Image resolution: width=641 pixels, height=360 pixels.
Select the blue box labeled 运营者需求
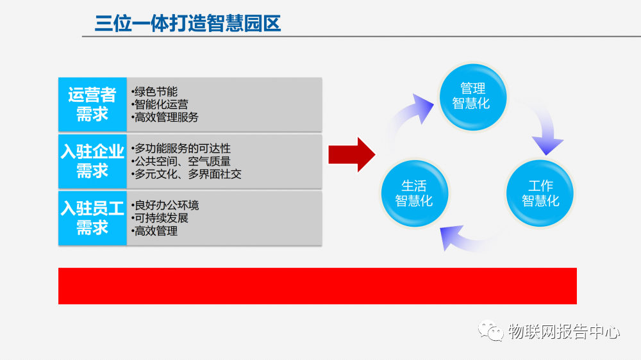tap(92, 105)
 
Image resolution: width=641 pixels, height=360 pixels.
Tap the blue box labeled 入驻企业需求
tap(92, 161)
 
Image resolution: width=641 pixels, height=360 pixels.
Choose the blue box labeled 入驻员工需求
tap(92, 218)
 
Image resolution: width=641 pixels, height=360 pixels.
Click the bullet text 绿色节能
tap(154, 92)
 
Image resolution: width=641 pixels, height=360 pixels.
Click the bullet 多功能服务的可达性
tap(181, 149)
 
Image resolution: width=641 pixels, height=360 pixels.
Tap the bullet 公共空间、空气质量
tap(181, 161)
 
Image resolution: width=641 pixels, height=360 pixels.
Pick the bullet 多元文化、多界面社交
tap(187, 174)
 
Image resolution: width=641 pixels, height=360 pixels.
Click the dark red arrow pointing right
tap(351, 154)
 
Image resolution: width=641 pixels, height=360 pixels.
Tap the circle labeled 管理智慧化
tap(472, 96)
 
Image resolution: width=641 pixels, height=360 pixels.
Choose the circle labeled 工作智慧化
tap(540, 193)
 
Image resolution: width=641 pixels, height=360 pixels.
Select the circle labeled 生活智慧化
tap(414, 193)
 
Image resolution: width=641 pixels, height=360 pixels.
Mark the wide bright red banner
tap(317, 286)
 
